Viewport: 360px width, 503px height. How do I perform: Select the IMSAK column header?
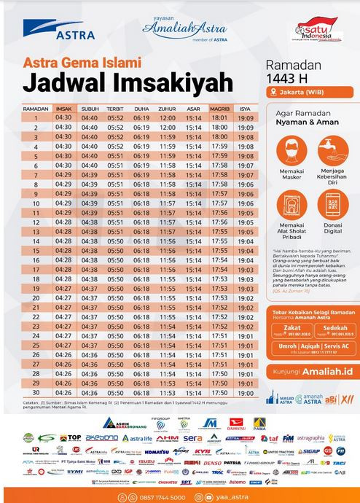63,108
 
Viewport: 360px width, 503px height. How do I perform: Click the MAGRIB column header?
219,108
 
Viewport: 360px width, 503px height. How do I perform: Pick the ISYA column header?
245,108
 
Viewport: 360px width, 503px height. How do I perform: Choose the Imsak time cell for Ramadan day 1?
63,117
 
